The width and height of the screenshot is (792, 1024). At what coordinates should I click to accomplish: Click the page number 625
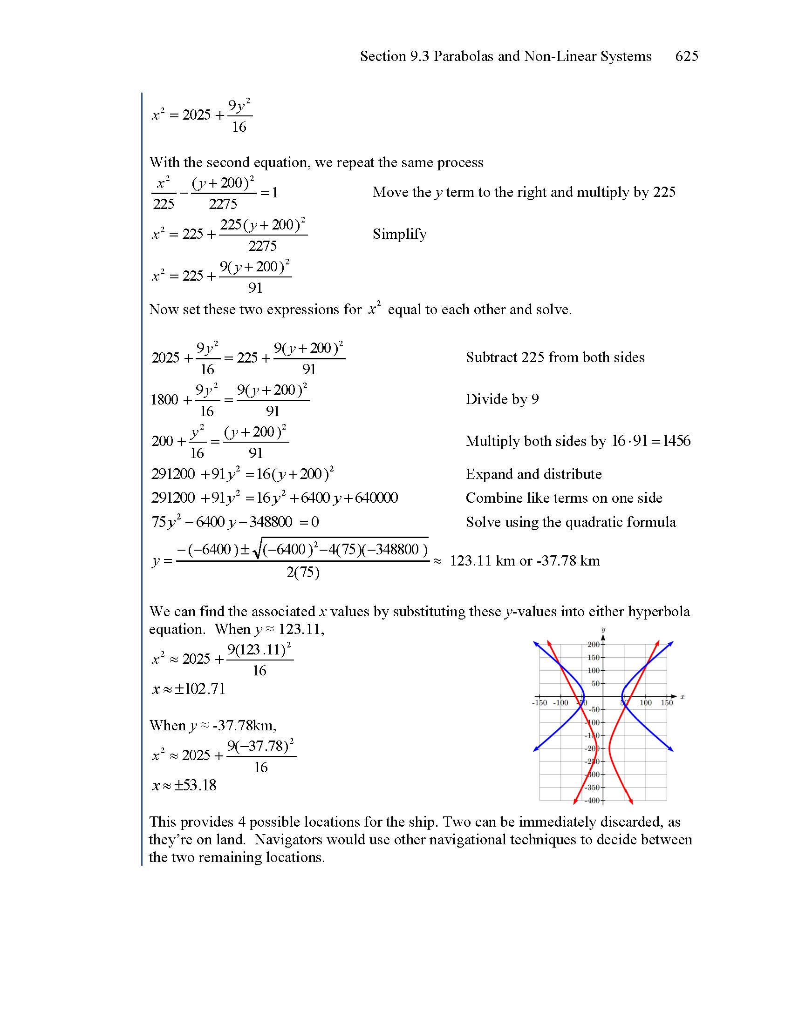(x=686, y=56)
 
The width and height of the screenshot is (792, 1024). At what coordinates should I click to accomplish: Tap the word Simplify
(x=399, y=234)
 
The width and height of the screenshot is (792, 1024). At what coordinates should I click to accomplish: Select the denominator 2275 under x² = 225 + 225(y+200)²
(x=262, y=246)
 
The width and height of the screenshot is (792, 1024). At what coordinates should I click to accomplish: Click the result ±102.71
(x=199, y=689)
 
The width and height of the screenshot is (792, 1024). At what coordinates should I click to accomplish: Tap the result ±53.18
(x=195, y=785)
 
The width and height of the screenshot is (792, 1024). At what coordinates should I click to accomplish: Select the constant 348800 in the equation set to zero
(x=271, y=522)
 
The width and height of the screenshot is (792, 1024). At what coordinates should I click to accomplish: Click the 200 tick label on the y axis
(x=594, y=645)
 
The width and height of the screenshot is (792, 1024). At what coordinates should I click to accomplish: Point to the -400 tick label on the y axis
(x=593, y=801)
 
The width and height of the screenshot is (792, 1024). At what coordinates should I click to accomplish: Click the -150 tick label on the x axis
(x=539, y=703)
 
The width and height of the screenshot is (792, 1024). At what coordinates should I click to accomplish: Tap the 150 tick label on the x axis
(x=667, y=703)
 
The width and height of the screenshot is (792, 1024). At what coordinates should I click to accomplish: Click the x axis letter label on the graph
(x=682, y=697)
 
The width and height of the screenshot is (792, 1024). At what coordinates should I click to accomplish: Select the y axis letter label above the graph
(x=603, y=629)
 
